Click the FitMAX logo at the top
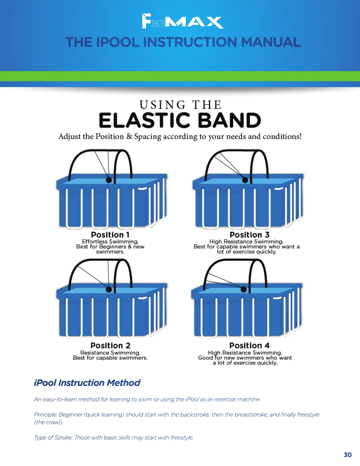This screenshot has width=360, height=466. tap(182, 21)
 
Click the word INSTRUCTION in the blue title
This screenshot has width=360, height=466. tap(190, 42)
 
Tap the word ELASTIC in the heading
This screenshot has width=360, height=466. tap(144, 121)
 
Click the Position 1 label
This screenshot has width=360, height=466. tap(110, 235)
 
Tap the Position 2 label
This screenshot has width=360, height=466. tap(110, 345)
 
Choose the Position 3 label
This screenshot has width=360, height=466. tap(249, 235)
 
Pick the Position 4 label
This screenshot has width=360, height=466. tap(249, 345)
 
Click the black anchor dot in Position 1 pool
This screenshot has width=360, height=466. tap(109, 180)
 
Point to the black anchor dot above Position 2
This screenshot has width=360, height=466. tap(109, 289)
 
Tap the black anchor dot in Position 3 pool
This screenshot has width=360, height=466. tap(245, 180)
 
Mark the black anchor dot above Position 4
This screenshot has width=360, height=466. tap(244, 289)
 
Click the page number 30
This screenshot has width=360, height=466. tap(348, 455)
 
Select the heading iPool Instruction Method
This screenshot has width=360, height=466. tap(87, 383)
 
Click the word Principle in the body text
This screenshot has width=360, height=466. tap(46, 415)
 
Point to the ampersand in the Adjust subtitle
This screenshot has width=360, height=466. tap(129, 137)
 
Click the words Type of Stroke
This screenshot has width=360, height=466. tap(53, 437)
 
